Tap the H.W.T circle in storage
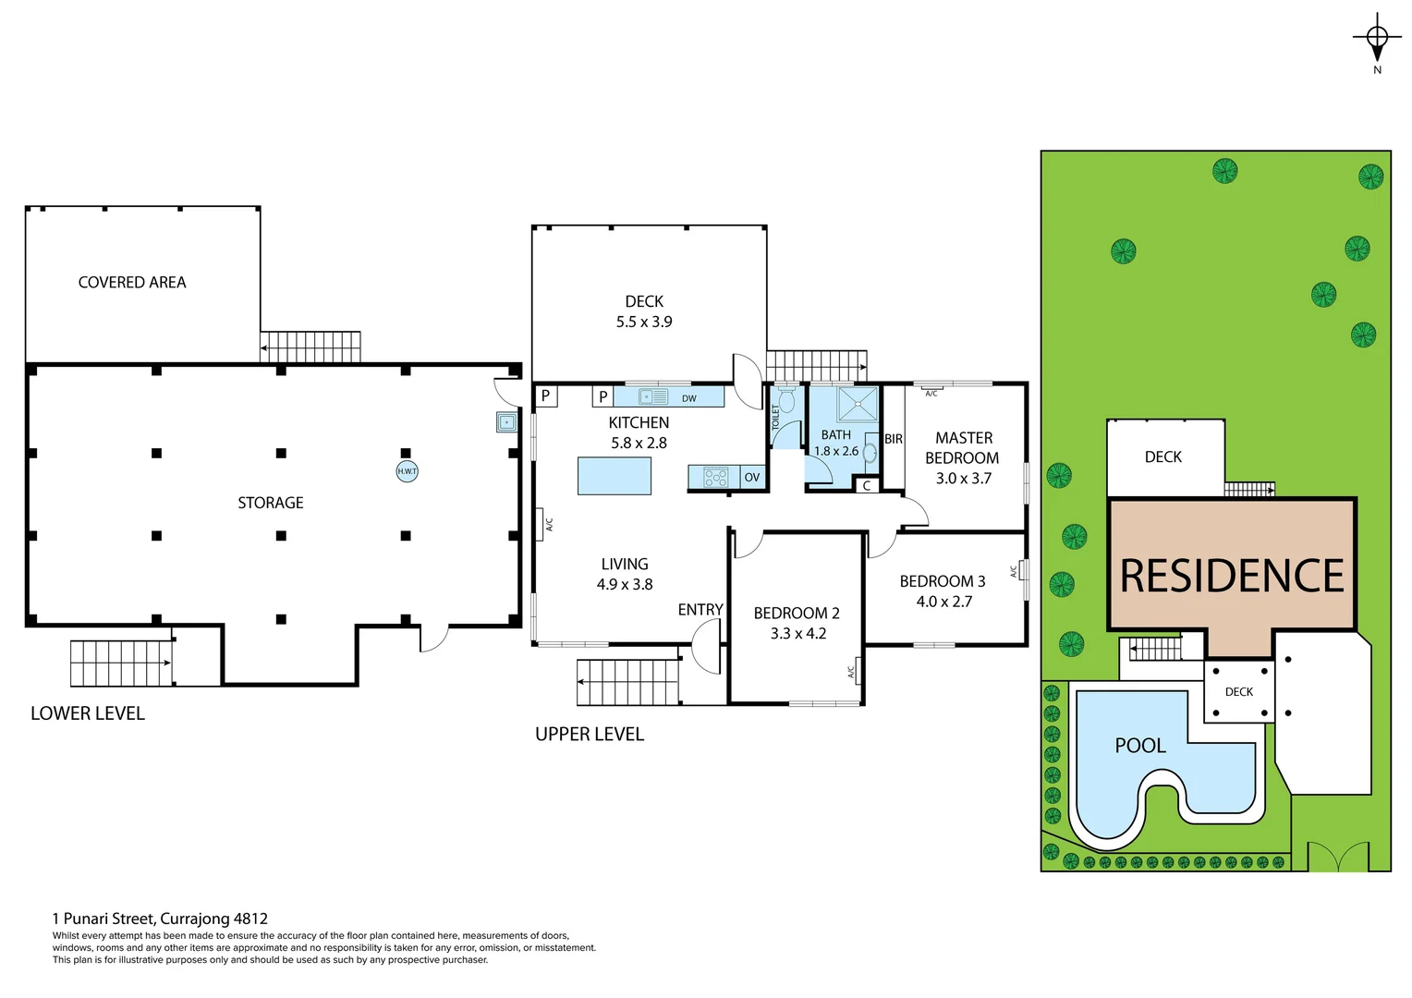click(407, 471)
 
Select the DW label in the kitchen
click(688, 398)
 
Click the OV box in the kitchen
click(752, 478)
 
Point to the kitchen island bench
click(615, 476)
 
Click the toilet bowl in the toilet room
click(786, 400)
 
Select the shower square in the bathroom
click(857, 405)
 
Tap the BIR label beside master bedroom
click(893, 439)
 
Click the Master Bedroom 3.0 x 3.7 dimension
click(963, 479)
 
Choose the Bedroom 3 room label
click(942, 581)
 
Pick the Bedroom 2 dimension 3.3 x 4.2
click(797, 634)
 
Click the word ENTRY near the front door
click(700, 610)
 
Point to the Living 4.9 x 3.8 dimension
click(625, 585)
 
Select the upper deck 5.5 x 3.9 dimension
click(644, 323)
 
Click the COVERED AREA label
click(132, 283)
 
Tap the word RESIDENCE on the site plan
click(1232, 577)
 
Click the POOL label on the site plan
click(1140, 746)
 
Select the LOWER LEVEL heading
click(88, 713)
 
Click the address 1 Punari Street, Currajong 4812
click(160, 919)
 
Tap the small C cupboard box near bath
click(867, 486)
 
